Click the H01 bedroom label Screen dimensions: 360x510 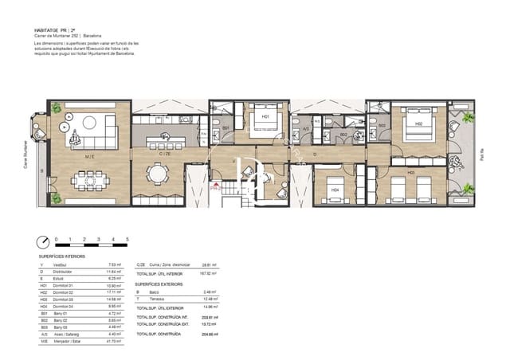(x=266, y=116)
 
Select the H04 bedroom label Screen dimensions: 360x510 (x=335, y=190)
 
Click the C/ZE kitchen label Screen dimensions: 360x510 (x=167, y=153)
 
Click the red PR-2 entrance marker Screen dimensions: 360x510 (x=214, y=189)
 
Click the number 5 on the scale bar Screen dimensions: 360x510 (x=127, y=239)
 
